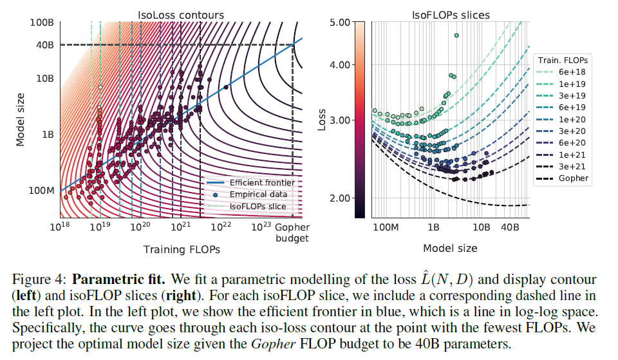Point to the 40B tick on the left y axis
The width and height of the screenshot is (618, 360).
click(45, 44)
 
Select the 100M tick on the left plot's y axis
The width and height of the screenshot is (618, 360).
click(41, 191)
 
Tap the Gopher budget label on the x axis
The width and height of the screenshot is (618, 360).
click(292, 232)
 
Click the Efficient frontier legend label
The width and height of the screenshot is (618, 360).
click(257, 182)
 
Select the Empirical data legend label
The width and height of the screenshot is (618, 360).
click(257, 194)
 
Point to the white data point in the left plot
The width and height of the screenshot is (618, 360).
click(100, 86)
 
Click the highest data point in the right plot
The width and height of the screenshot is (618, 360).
click(456, 35)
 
